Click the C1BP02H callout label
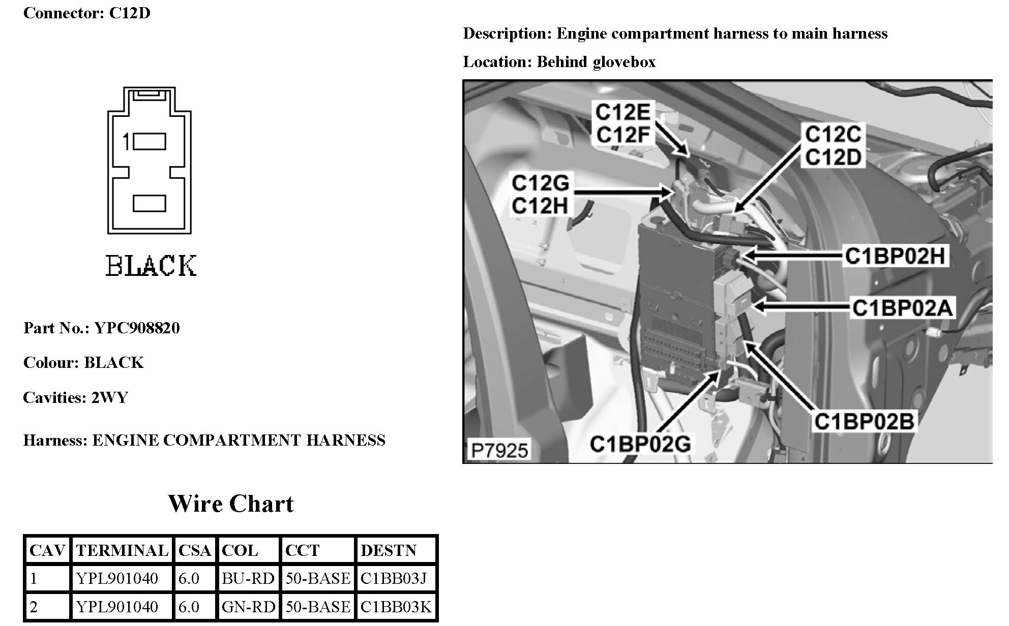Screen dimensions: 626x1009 point(895,256)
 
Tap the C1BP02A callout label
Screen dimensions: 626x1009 point(902,308)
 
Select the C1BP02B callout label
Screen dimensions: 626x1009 point(864,421)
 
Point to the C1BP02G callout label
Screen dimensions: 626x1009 point(640,444)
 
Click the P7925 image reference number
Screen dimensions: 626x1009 point(499,450)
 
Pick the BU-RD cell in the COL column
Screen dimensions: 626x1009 point(248,578)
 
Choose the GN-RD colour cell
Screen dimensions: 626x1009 point(248,607)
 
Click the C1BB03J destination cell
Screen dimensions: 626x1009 point(394,578)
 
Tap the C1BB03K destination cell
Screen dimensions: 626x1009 point(396,607)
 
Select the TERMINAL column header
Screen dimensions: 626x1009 point(122,550)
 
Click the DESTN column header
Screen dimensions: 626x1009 point(389,550)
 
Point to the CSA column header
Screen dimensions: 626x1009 point(195,550)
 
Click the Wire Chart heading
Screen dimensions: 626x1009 point(231,504)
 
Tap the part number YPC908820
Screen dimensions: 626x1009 point(137,328)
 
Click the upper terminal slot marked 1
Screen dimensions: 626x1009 point(149,142)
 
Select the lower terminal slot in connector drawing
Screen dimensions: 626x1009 point(149,203)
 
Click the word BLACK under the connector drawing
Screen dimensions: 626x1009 point(151,266)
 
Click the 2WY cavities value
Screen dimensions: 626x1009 point(109,397)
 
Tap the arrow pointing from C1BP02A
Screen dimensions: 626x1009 point(801,306)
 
